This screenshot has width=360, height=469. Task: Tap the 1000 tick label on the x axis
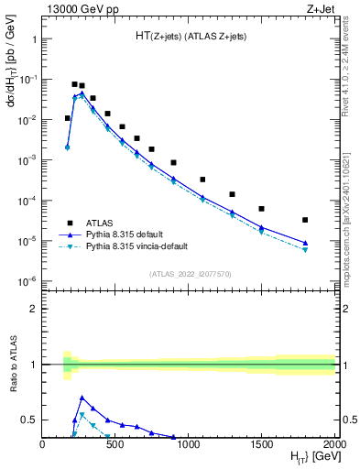189,444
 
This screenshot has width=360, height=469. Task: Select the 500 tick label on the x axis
115,444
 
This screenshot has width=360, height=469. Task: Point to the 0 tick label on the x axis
43,444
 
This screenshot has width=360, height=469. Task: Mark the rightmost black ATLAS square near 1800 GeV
305,220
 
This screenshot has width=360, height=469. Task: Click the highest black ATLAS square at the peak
74,84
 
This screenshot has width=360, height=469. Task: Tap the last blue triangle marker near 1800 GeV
305,243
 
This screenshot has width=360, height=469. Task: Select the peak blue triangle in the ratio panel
82,398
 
